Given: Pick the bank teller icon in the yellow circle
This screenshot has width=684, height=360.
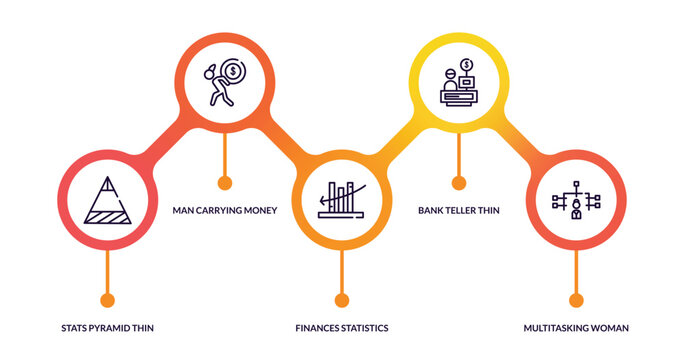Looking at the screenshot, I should click(x=459, y=84).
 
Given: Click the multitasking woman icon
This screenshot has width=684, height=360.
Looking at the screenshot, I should click(x=576, y=201).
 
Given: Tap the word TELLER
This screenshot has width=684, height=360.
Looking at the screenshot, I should click(x=461, y=210).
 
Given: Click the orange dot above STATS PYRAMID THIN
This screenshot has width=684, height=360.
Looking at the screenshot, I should click(x=108, y=299).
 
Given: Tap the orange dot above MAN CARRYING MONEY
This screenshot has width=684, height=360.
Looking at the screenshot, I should click(x=224, y=182).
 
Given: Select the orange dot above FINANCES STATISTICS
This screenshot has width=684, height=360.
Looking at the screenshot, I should click(x=342, y=299).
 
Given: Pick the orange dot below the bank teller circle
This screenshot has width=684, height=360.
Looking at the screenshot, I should click(x=459, y=182).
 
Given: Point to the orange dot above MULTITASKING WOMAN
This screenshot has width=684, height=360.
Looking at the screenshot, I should click(x=576, y=299).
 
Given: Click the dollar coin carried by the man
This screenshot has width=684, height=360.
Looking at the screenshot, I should click(x=232, y=71).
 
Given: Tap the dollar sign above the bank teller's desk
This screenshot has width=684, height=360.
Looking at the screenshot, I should click(x=467, y=66).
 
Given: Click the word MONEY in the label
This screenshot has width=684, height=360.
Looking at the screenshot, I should click(x=259, y=210).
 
